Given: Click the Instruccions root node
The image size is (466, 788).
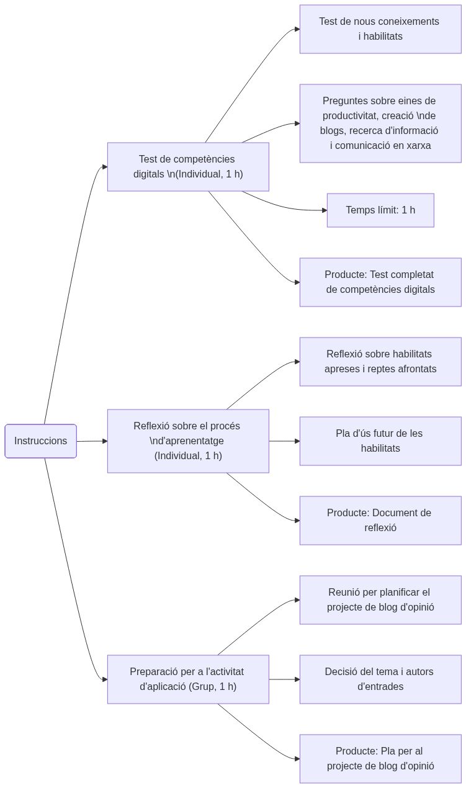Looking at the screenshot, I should click(40, 441).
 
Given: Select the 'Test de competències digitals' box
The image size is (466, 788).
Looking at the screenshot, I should click(188, 167).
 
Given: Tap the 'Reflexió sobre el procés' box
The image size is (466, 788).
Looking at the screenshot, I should click(188, 441).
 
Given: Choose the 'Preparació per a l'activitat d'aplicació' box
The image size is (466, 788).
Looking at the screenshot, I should click(188, 679).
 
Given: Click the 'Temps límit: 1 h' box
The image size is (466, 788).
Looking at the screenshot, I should click(380, 210).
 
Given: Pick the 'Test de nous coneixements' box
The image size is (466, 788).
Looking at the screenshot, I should click(380, 29).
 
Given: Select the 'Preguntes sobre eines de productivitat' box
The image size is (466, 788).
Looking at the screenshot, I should click(380, 123).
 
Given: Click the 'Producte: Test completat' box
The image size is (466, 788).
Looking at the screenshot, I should click(380, 282).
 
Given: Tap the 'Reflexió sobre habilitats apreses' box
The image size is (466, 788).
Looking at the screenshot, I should click(380, 362).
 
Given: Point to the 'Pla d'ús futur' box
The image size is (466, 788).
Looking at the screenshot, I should click(380, 441).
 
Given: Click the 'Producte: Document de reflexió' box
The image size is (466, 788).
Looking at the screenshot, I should click(380, 521).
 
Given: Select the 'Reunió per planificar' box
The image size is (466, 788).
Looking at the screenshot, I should click(380, 600).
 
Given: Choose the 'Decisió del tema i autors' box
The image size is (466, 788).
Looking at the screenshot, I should click(380, 679).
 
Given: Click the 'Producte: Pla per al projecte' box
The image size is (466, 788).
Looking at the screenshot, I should click(380, 759).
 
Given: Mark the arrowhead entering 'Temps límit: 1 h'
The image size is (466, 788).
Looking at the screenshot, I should click(324, 210).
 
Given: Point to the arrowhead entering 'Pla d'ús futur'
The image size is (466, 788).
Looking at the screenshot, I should click(297, 441).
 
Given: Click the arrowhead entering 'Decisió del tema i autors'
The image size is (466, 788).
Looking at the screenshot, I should click(297, 679).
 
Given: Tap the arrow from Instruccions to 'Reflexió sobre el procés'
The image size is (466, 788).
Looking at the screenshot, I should click(91, 441).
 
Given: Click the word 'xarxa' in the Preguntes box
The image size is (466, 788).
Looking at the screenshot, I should click(418, 146).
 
